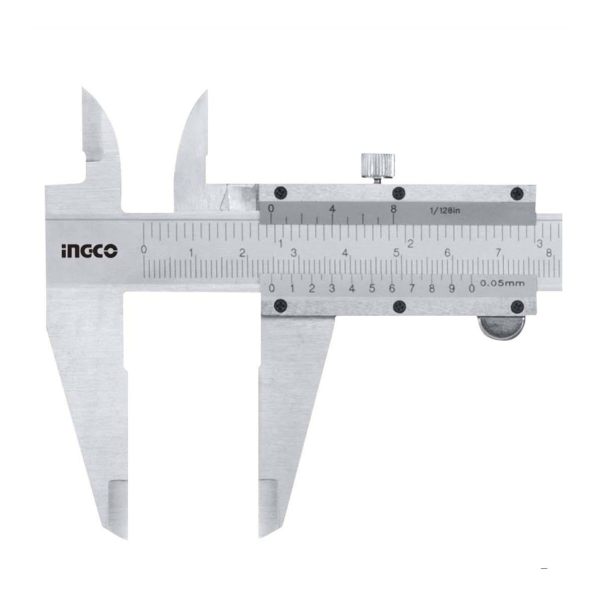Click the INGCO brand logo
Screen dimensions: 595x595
[89, 251]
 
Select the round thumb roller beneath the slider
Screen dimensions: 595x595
[498, 328]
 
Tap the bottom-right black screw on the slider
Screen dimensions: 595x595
[518, 305]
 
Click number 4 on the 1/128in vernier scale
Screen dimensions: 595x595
[332, 209]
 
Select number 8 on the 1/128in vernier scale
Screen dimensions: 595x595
[393, 209]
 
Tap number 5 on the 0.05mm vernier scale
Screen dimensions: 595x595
[372, 289]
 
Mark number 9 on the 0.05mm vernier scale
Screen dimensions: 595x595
[452, 289]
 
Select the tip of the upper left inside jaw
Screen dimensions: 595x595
[83, 89]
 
